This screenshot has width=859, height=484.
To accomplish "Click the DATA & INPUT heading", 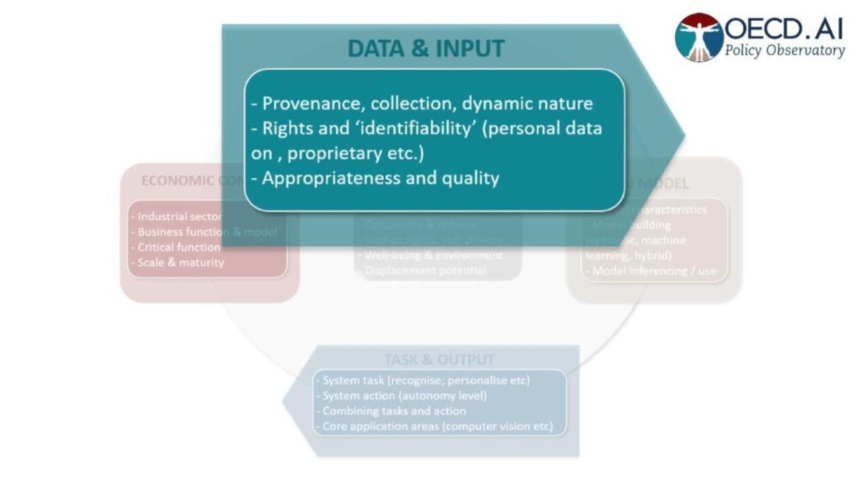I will pos(425,49).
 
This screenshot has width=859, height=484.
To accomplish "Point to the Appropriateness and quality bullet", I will pos(380,178).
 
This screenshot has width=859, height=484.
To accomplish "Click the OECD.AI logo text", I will pos(784,29).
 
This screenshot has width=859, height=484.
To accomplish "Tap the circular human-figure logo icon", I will pos(699,38).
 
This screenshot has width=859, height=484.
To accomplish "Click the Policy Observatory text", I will pos(784,51).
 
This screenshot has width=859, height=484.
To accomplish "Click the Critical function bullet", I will pos(179,247).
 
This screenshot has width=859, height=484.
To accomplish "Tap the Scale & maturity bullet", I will pos(181,262).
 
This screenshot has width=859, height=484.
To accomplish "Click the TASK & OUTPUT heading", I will pos(440,360).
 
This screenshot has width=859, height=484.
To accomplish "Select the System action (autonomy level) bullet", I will pos(405,395).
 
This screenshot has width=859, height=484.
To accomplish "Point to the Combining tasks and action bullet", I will pos(394,411).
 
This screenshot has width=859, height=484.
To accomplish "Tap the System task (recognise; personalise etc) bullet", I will pos(426,380).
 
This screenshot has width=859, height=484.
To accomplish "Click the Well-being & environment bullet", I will pos(434,255).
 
